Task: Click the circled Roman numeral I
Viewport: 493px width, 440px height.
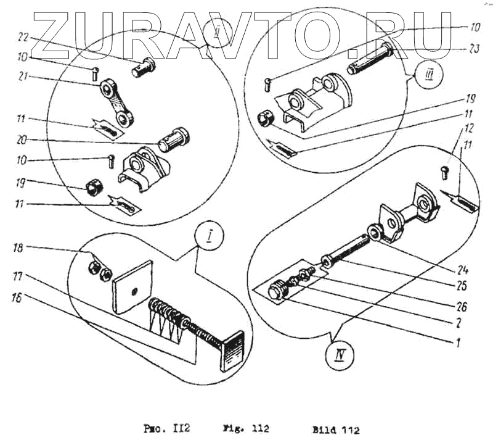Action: pyautogui.click(x=207, y=235)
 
